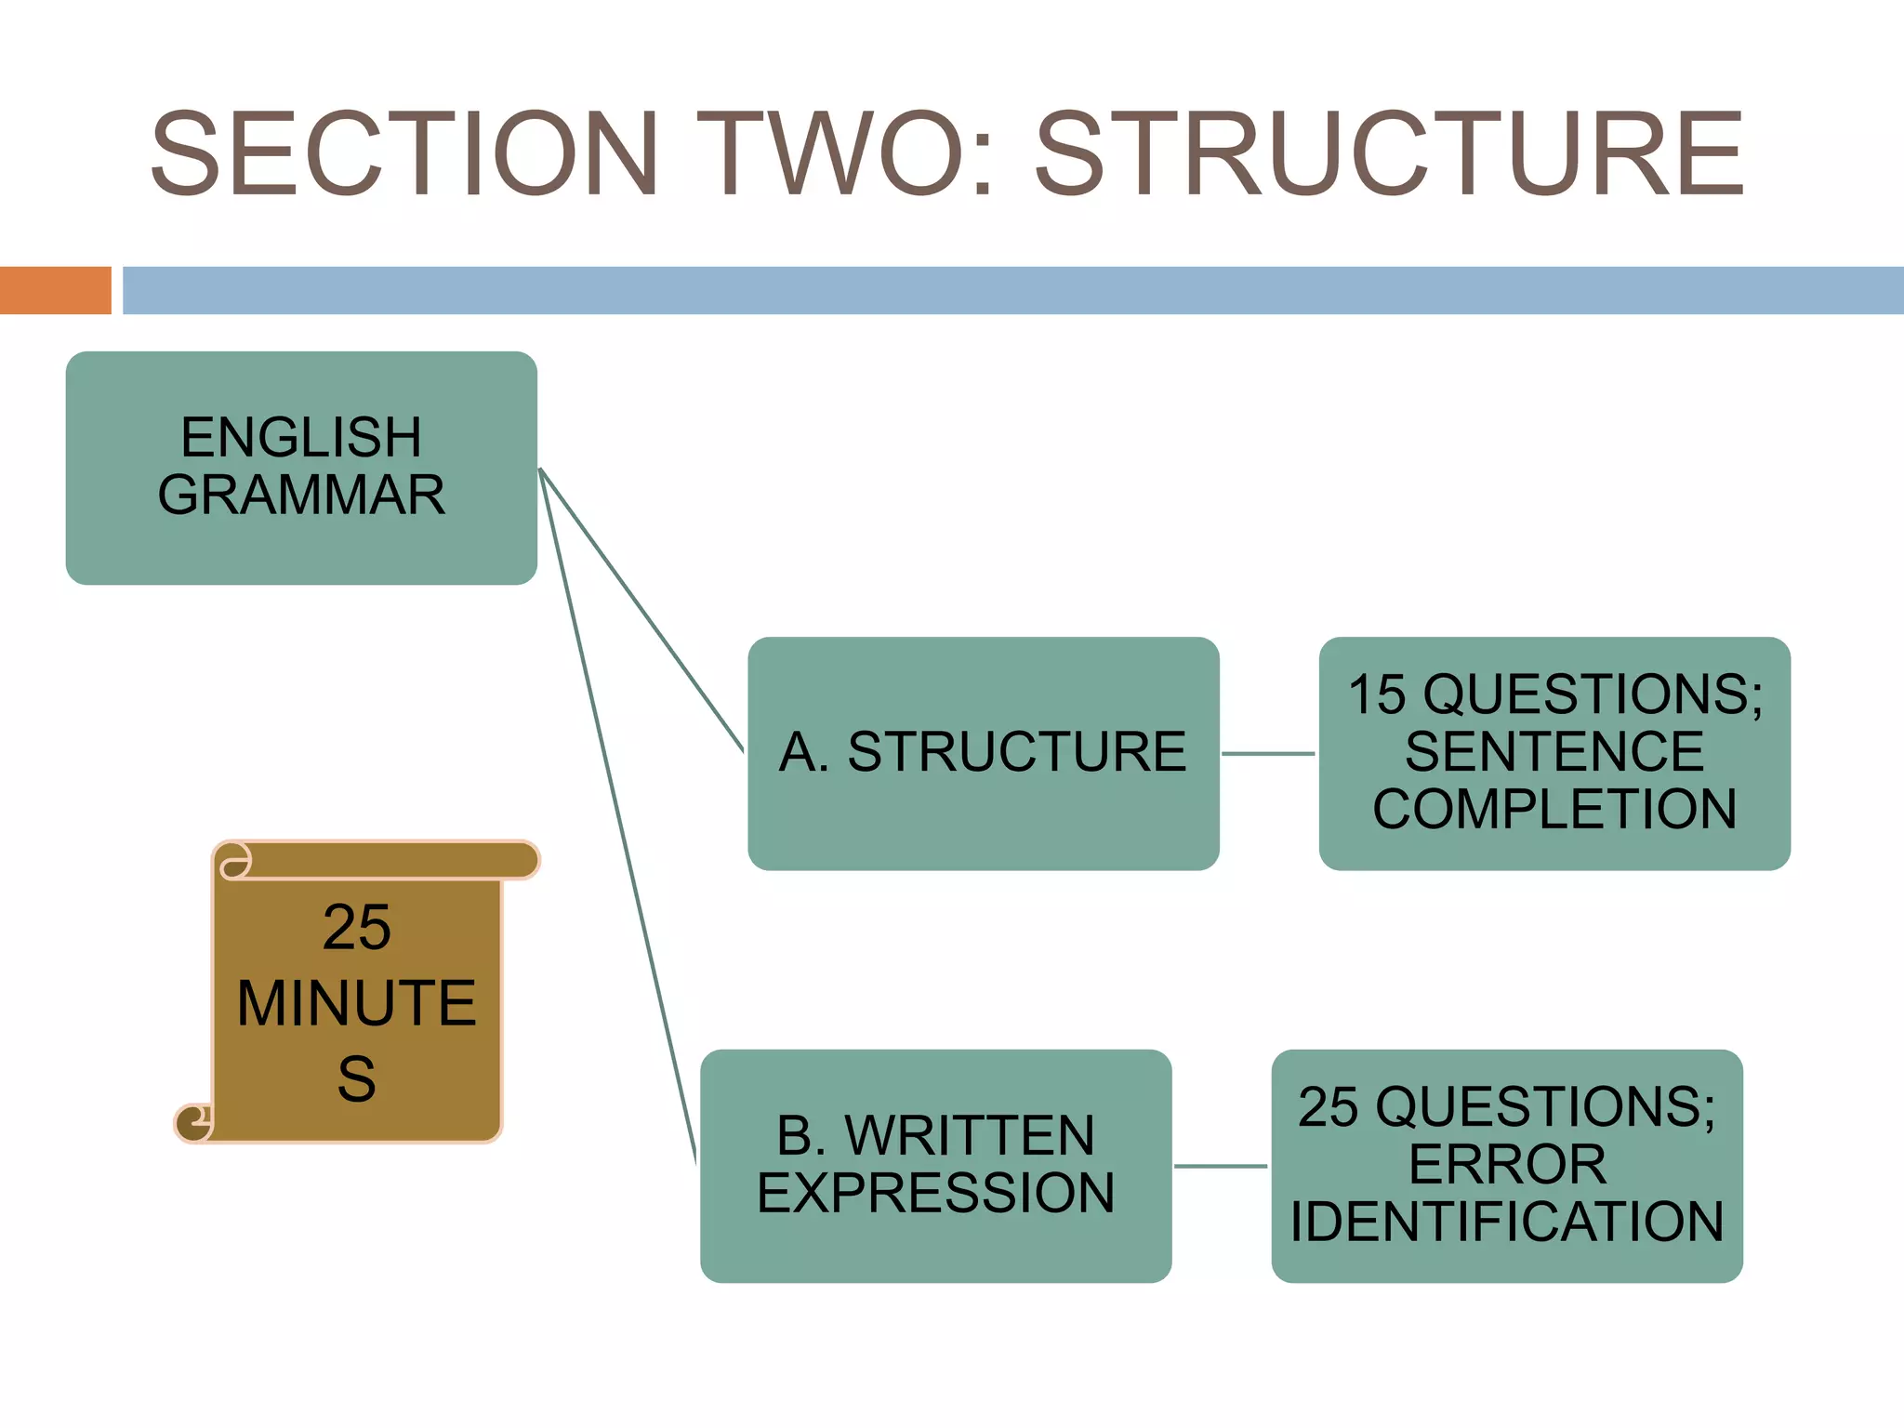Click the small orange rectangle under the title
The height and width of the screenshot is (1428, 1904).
pyautogui.click(x=55, y=290)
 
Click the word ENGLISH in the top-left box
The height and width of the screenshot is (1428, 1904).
pyautogui.click(x=301, y=437)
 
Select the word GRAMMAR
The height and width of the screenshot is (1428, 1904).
pyautogui.click(x=301, y=495)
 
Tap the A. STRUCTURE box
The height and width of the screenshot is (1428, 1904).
pyautogui.click(x=983, y=752)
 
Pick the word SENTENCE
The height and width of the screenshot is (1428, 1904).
pyautogui.click(x=1554, y=751)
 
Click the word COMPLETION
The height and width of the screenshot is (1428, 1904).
pyautogui.click(x=1554, y=809)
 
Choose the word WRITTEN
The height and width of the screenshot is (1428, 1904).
pyautogui.click(x=969, y=1135)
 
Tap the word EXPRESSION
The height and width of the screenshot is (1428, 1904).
pyautogui.click(x=935, y=1193)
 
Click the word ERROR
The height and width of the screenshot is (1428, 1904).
pyautogui.click(x=1507, y=1164)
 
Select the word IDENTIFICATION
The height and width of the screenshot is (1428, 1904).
pyautogui.click(x=1507, y=1222)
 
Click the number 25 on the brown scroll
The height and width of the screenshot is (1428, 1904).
pyautogui.click(x=357, y=927)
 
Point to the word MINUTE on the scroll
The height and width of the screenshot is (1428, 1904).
pyautogui.click(x=357, y=1003)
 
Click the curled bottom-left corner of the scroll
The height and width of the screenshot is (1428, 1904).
pyautogui.click(x=193, y=1123)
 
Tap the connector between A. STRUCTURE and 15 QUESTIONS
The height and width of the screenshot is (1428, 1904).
pyautogui.click(x=1268, y=754)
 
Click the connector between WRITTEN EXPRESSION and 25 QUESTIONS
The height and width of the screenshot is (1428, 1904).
pyautogui.click(x=1221, y=1166)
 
